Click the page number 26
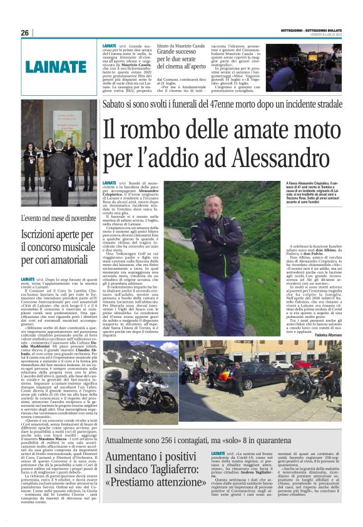click(x=25, y=33)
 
